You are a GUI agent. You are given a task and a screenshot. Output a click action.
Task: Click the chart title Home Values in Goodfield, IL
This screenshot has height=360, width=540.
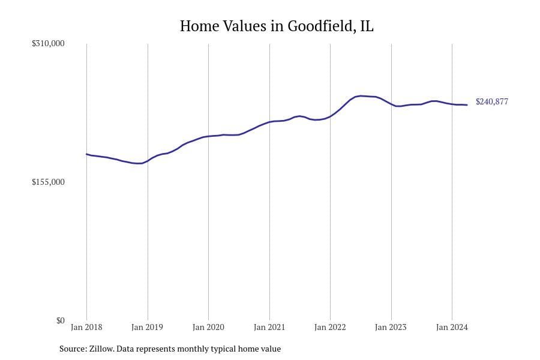(x=277, y=26)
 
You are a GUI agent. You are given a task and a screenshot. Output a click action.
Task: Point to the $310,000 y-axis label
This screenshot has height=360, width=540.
(x=48, y=44)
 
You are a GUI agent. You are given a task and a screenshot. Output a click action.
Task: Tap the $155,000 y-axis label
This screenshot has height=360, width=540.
(x=48, y=182)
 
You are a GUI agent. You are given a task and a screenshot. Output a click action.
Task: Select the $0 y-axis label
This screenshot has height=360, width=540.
(x=60, y=320)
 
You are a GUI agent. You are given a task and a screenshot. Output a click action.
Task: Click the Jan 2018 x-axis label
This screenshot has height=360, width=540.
(x=86, y=328)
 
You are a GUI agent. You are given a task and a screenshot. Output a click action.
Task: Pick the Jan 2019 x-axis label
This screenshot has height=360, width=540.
(x=147, y=328)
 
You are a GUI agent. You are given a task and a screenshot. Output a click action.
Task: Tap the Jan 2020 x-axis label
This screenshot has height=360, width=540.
(x=208, y=328)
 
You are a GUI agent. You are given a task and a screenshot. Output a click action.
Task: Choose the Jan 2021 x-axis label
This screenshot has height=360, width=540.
(x=269, y=328)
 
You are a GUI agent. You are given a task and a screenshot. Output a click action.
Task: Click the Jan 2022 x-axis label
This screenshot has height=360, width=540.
(x=330, y=328)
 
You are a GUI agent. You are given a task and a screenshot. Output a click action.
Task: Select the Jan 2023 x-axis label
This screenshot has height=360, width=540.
(x=391, y=328)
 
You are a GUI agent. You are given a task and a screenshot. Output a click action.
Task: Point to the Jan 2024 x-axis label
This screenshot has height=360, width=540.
(x=451, y=328)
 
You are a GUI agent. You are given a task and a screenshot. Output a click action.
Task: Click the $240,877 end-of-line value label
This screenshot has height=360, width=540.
(x=491, y=102)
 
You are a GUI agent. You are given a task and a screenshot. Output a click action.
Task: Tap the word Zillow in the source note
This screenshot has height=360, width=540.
(x=100, y=349)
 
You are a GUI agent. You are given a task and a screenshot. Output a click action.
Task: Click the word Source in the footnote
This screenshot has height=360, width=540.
(x=72, y=349)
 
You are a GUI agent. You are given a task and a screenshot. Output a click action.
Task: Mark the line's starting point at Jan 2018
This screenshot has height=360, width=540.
(x=86, y=154)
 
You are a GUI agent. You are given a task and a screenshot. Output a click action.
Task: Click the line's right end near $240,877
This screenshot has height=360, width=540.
(x=467, y=105)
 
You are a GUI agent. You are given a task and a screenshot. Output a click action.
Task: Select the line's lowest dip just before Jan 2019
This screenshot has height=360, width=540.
(x=139, y=163)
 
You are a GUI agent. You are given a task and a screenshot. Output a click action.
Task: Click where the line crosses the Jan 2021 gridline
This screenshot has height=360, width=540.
(x=269, y=122)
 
